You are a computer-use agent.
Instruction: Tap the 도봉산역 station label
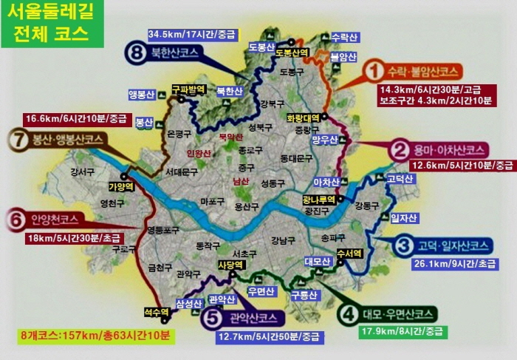click(x=291, y=52)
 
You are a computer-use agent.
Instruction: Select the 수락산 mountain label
click(x=344, y=36)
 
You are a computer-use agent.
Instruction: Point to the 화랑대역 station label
click(x=303, y=118)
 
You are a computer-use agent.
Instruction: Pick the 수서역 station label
click(x=349, y=253)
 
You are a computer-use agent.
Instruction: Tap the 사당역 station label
click(x=230, y=264)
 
